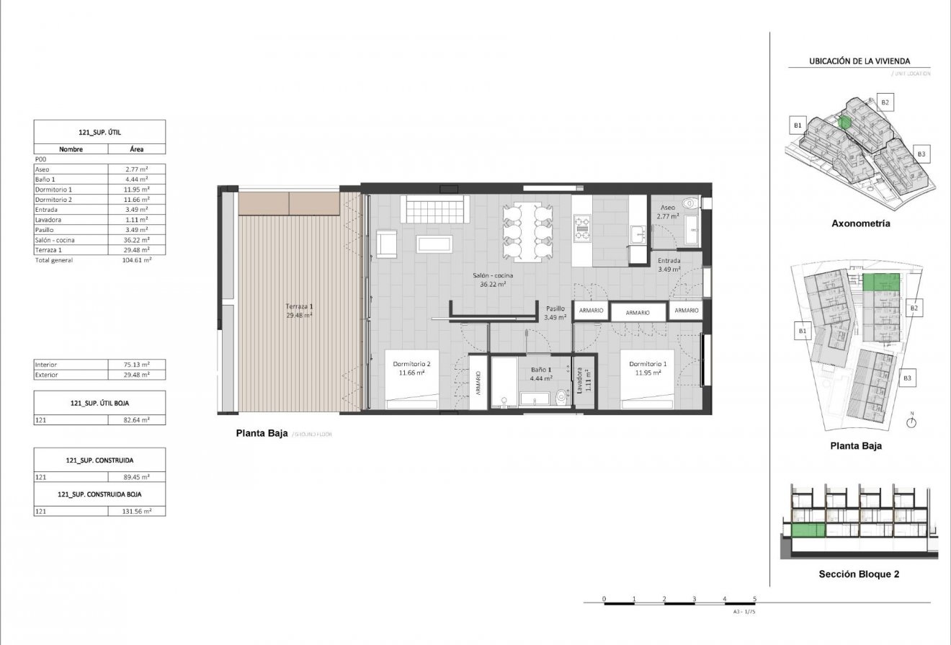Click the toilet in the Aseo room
[690, 203]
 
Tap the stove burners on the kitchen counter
[581, 228]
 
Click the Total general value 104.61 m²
[137, 260]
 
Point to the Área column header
[137, 149]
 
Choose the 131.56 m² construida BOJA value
[137, 511]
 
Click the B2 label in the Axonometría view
[885, 102]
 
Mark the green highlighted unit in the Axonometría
[846, 122]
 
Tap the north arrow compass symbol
[911, 422]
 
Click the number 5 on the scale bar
[754, 598]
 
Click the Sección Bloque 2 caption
[858, 574]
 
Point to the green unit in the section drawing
[808, 532]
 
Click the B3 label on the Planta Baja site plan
[908, 378]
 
